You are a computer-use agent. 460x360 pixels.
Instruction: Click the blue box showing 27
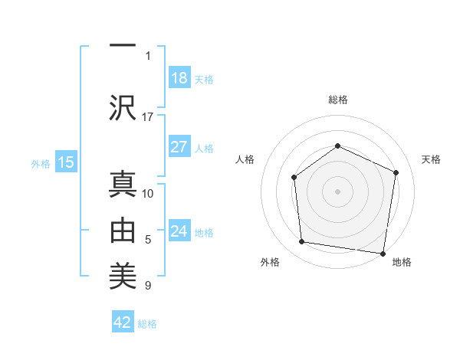(179, 148)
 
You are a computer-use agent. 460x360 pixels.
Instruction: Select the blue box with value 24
(179, 231)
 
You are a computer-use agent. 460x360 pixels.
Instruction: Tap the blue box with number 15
(65, 162)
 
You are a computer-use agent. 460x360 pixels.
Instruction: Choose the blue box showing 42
(123, 322)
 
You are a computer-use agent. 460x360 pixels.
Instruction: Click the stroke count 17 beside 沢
(148, 116)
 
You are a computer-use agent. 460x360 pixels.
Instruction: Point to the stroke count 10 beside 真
(148, 193)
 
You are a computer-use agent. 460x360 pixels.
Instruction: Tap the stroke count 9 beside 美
(148, 286)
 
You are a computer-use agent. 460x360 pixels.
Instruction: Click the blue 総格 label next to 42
(147, 324)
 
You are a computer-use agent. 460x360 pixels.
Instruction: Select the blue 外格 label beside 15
(41, 164)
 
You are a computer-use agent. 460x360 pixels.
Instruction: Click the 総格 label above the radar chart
(337, 100)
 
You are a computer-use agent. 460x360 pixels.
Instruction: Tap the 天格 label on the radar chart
(431, 159)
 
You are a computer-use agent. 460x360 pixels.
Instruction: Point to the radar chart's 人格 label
(245, 159)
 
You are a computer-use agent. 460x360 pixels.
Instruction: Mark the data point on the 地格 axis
(383, 253)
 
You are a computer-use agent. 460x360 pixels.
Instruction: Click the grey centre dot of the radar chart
(337, 191)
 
